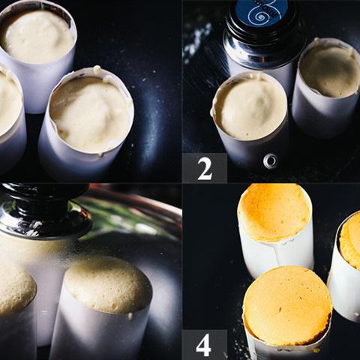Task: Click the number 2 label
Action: [205, 168]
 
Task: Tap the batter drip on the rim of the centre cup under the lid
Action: [130, 316]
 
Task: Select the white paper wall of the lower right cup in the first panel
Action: [75, 155]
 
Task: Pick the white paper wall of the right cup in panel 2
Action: [325, 115]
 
